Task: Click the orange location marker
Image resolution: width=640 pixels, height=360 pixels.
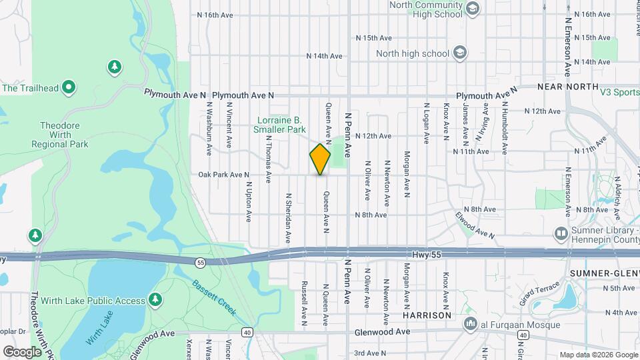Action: click(x=320, y=159)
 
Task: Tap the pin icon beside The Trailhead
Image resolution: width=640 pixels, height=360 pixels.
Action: click(x=68, y=87)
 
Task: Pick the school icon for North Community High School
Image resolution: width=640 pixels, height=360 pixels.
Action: click(x=473, y=9)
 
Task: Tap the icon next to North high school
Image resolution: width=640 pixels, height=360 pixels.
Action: click(x=460, y=53)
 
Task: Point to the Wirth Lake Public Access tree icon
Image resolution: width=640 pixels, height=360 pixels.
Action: click(x=155, y=300)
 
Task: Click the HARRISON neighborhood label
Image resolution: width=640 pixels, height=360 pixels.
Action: click(x=428, y=315)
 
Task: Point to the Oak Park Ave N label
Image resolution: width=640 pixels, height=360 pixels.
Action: click(x=223, y=175)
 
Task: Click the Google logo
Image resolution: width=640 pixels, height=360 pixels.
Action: click(x=22, y=351)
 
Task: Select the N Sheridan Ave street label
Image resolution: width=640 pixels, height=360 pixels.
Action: click(x=289, y=218)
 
